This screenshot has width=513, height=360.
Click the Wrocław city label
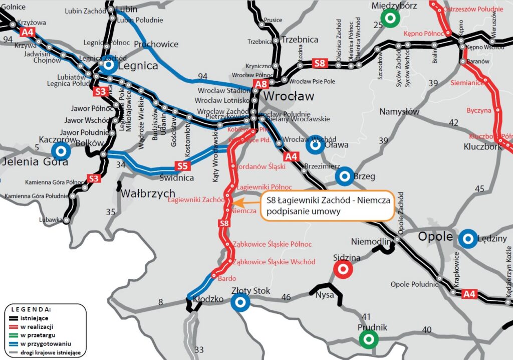click(x=289, y=96)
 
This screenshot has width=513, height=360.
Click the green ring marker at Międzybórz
click(x=389, y=19)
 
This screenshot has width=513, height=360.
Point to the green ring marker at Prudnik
click(x=369, y=339)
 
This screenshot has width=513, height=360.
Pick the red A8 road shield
click(x=261, y=84)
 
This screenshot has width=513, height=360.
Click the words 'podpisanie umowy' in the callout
click(x=304, y=212)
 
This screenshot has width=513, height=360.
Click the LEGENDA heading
click(x=31, y=309)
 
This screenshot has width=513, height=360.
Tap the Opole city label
click(x=435, y=237)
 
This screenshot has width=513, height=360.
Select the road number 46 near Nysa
click(x=286, y=298)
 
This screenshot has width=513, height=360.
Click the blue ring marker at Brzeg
click(x=345, y=176)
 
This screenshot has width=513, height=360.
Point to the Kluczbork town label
click(x=482, y=147)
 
